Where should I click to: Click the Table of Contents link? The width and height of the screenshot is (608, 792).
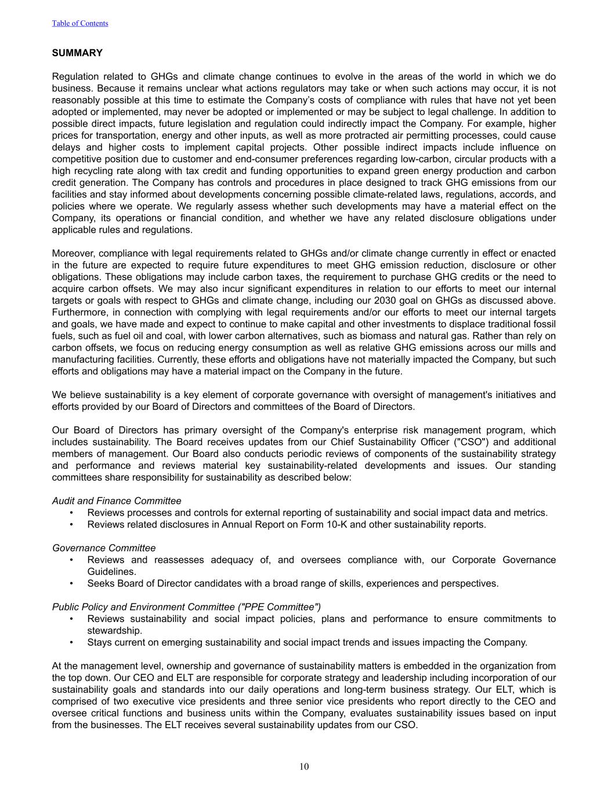tap(79, 23)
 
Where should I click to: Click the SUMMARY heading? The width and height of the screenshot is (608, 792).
tap(77, 53)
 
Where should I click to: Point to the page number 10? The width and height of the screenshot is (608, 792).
tap(304, 766)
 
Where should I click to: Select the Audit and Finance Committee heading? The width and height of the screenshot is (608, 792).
tap(117, 501)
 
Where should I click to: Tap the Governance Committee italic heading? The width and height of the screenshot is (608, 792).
tap(104, 548)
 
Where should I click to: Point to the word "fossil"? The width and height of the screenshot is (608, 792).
tap(544, 324)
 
